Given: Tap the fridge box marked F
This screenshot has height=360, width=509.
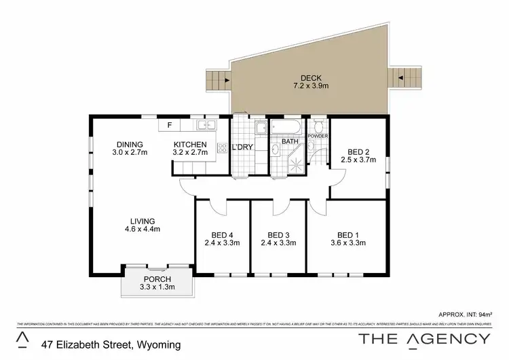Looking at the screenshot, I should click(169, 125).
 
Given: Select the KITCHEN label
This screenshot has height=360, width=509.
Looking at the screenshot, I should click(189, 145).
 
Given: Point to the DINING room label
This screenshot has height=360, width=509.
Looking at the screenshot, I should click(129, 144).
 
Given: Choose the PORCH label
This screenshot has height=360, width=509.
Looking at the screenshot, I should click(157, 279).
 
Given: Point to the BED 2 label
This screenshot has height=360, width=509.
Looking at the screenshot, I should click(358, 151).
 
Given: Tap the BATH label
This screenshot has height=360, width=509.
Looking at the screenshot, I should click(290, 142).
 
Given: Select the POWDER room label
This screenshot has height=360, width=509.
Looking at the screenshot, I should click(318, 136).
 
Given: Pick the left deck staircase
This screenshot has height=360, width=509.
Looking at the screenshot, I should click(218, 83).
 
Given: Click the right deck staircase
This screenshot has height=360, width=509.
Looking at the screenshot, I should click(406, 79).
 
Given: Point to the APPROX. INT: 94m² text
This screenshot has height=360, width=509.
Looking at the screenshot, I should click(465, 314).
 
